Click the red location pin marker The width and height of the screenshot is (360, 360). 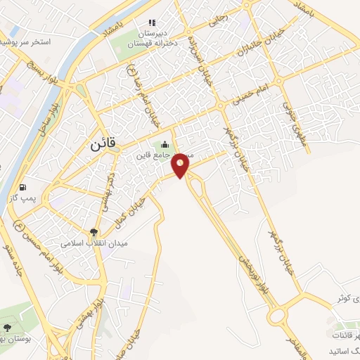click(181, 165)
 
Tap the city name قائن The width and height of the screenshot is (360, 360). click(106, 146)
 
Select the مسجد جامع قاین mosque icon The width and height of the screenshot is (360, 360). click(165, 145)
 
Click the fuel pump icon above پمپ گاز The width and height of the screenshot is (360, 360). click(25, 188)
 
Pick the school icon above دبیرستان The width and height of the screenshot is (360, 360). click(152, 22)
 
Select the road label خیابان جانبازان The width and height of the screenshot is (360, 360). click(251, 42)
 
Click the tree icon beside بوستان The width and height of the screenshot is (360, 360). click(8, 328)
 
